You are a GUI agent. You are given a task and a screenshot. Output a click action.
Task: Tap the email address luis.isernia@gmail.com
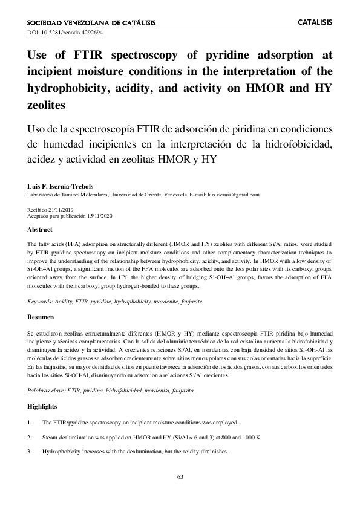click(232, 195)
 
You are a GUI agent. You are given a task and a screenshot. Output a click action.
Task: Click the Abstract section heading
click(40, 230)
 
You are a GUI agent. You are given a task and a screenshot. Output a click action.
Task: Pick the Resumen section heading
click(41, 316)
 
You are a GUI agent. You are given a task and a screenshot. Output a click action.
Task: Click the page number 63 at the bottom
click(180, 477)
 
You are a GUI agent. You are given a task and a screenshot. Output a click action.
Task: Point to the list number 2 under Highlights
click(30, 436)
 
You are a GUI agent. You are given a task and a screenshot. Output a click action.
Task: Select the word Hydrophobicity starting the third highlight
click(62, 452)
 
